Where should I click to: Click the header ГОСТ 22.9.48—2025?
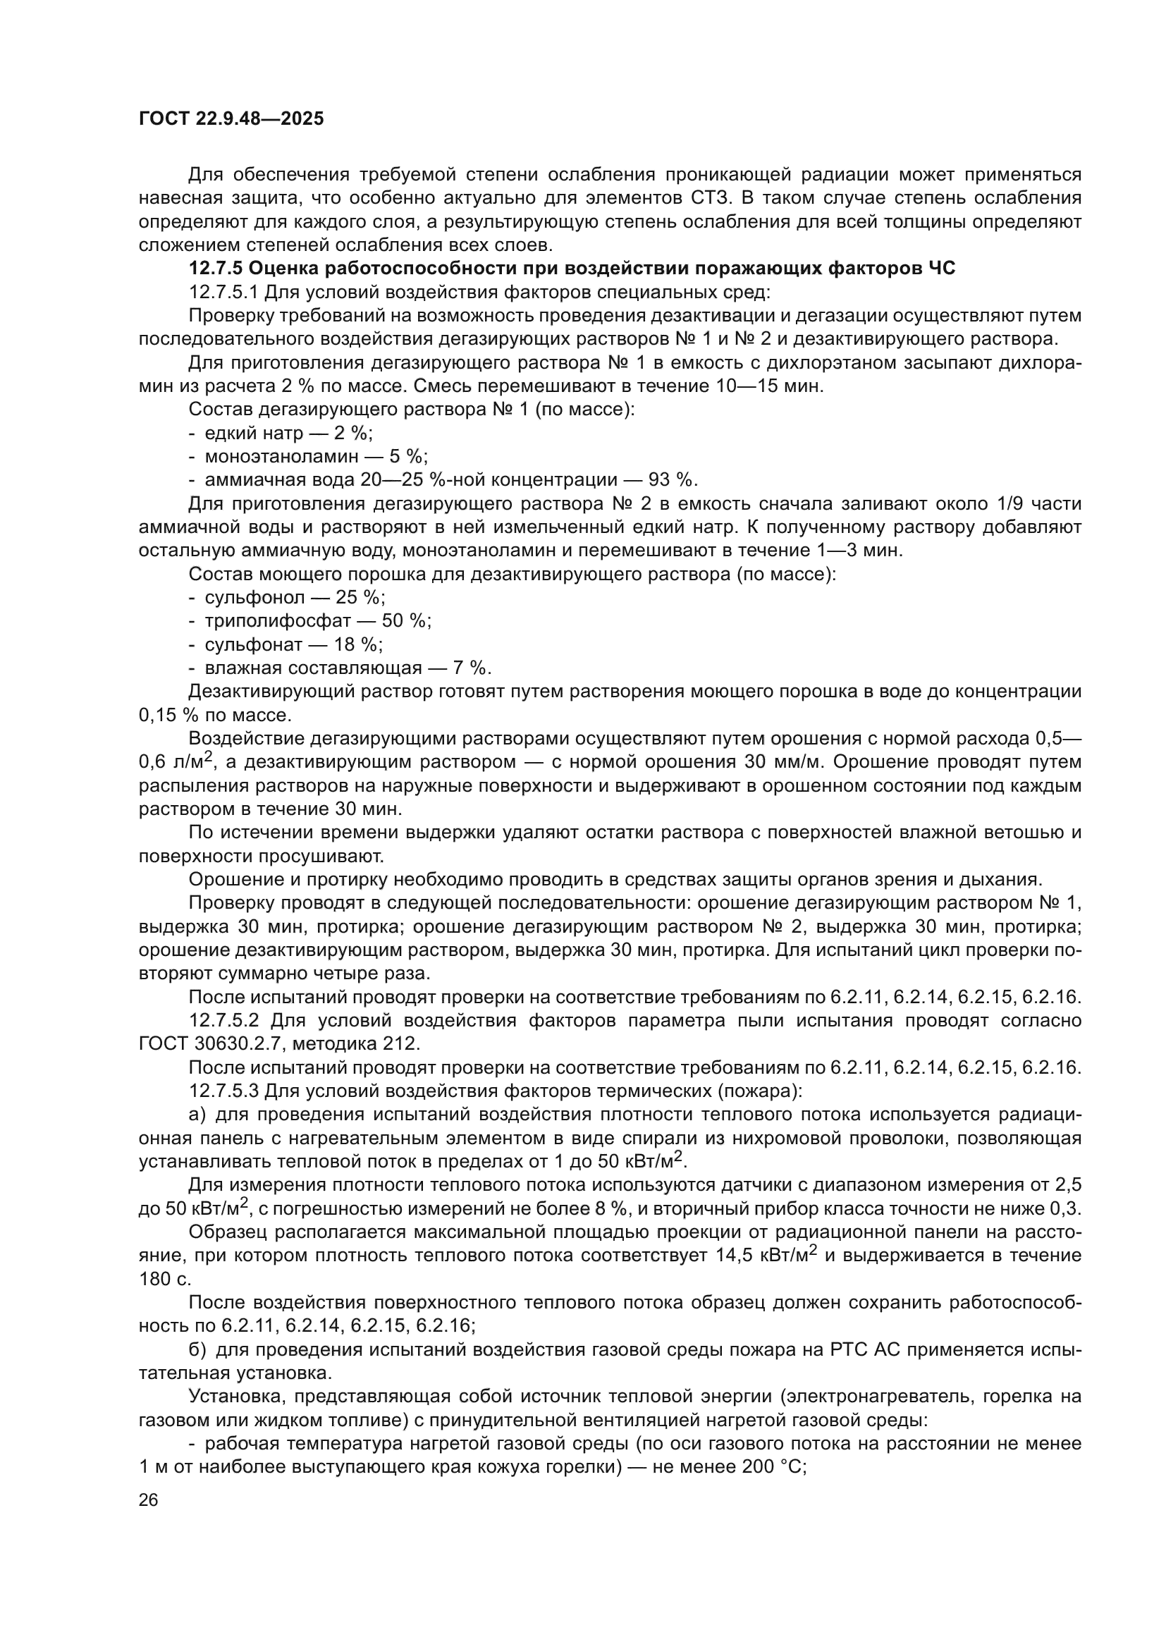pyautogui.click(x=231, y=118)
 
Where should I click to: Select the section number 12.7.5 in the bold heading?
pyautogui.click(x=216, y=269)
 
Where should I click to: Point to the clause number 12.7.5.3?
pyautogui.click(x=223, y=1091)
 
